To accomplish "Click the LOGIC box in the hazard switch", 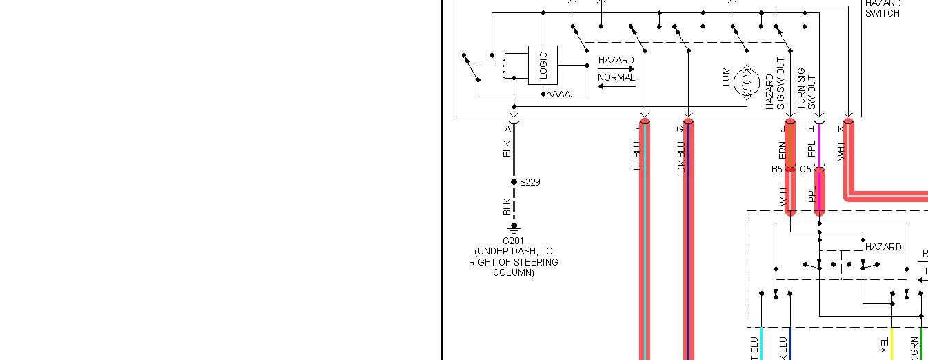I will tap(543, 65).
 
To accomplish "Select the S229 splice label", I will tap(530, 182).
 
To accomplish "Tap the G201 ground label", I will tap(514, 241).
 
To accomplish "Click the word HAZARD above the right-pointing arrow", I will tap(616, 60).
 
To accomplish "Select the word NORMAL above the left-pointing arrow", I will tap(616, 77).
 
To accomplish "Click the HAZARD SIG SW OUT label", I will tap(776, 83).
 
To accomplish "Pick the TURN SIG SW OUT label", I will tap(806, 88).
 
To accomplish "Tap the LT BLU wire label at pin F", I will tap(636, 156).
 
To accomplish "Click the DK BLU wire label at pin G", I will tap(680, 157).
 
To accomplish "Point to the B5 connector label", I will tap(777, 169).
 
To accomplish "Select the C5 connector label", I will tap(805, 169).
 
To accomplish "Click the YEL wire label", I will tap(885, 346).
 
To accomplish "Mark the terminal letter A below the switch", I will tap(507, 129).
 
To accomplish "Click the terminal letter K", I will tap(840, 129).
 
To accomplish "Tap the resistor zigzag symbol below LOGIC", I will tap(559, 94).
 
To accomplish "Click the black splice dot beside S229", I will tap(514, 182).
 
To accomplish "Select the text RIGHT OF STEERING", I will tap(513, 262).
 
